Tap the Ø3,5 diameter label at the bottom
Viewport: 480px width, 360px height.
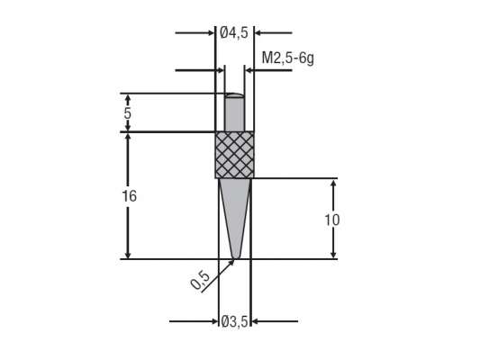(x=234, y=321)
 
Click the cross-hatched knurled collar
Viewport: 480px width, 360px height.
(x=234, y=155)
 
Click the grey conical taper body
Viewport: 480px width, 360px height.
(x=234, y=211)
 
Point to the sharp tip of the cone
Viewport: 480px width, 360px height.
(x=235, y=258)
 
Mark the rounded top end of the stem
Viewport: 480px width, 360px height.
(x=234, y=94)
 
